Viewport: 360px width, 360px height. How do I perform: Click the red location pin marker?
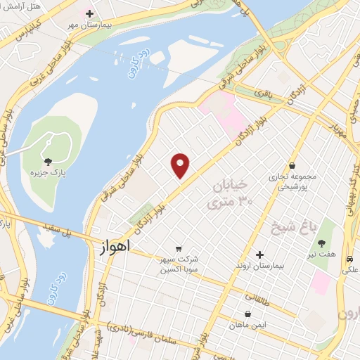pyautogui.click(x=181, y=166)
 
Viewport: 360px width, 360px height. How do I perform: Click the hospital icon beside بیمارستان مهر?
pyautogui.click(x=89, y=13)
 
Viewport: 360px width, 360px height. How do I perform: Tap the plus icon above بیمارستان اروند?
pyautogui.click(x=260, y=254)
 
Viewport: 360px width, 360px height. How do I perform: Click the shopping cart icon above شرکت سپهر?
pyautogui.click(x=179, y=248)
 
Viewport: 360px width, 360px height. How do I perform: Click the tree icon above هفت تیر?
pyautogui.click(x=321, y=244)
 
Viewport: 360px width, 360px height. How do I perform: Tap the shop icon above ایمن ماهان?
pyautogui.click(x=247, y=314)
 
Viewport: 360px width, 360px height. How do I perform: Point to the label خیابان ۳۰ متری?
pyautogui.click(x=229, y=195)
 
